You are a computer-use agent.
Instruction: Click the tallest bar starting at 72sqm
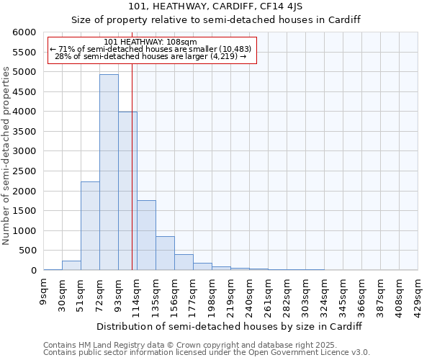click(109, 173)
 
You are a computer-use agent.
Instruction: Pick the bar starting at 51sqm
click(90, 226)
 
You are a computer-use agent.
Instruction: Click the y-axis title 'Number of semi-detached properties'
click(6, 156)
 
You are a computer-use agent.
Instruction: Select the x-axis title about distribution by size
click(228, 326)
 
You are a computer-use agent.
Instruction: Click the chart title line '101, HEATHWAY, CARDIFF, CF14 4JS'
click(215, 7)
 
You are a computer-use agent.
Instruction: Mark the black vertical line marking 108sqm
click(132, 180)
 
